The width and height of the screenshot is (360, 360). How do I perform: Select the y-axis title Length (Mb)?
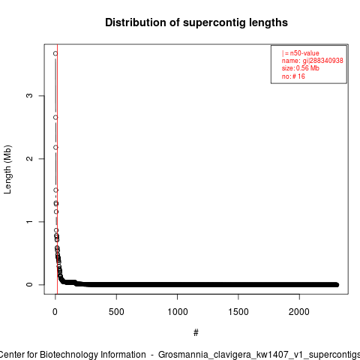pyautogui.click(x=7, y=169)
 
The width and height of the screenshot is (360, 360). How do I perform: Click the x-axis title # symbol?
pyautogui.click(x=196, y=332)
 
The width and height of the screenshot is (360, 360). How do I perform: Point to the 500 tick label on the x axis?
pyautogui.click(x=116, y=312)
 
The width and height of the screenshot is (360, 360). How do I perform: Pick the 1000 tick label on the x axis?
pyautogui.click(x=177, y=312)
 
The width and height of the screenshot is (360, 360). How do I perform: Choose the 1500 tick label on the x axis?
pyautogui.click(x=238, y=312)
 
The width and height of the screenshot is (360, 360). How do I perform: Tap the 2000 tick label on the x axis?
pyautogui.click(x=299, y=312)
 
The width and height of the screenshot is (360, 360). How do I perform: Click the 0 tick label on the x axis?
pyautogui.click(x=55, y=312)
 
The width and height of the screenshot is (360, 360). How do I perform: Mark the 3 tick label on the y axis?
pyautogui.click(x=29, y=95)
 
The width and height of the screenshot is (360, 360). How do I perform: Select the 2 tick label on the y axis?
pyautogui.click(x=29, y=158)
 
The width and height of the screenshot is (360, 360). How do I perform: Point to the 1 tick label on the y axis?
pyautogui.click(x=29, y=221)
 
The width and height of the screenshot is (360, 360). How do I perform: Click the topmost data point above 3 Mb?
pyautogui.click(x=55, y=53)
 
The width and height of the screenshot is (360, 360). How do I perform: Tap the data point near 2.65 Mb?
pyautogui.click(x=55, y=118)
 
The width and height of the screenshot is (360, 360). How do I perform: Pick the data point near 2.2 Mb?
pyautogui.click(x=55, y=148)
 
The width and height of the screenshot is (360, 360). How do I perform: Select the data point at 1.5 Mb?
pyautogui.click(x=55, y=190)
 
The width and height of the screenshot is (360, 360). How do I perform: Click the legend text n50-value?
pyautogui.click(x=304, y=53)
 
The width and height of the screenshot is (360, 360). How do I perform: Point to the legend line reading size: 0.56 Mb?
pyautogui.click(x=301, y=68)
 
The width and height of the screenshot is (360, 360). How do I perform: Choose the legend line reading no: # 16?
pyautogui.click(x=293, y=76)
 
